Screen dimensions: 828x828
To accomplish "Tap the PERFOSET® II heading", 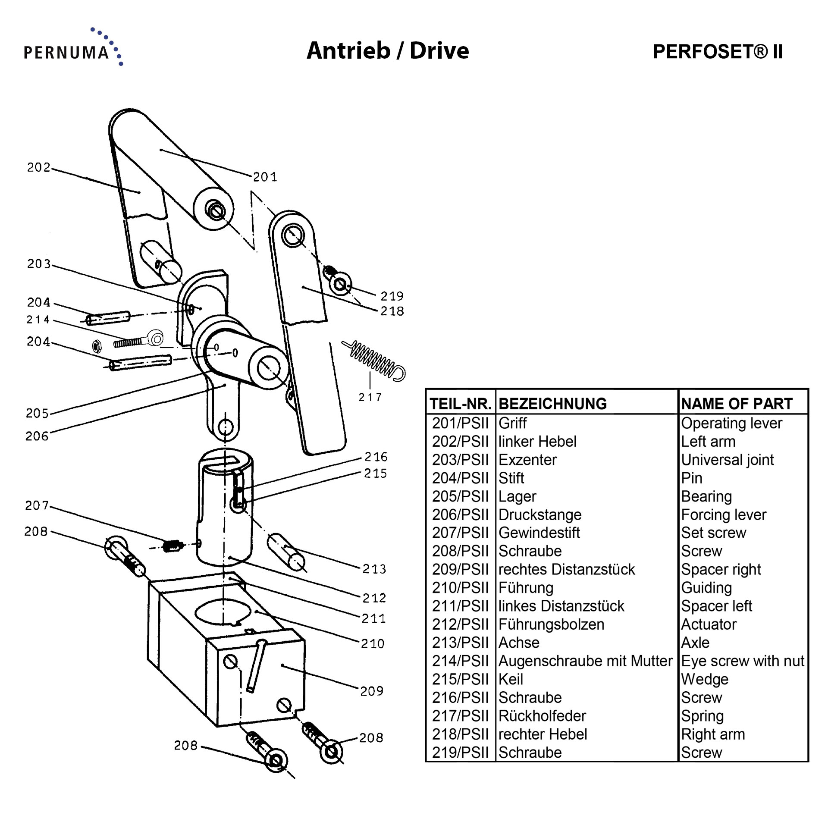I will (x=718, y=52).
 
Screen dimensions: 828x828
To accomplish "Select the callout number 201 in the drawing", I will (x=265, y=177).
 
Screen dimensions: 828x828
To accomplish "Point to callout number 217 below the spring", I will (x=370, y=397).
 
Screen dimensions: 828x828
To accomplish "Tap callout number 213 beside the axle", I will (x=374, y=569).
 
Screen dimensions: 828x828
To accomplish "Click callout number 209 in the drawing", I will (x=372, y=691).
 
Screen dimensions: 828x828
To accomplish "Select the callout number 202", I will (x=39, y=167).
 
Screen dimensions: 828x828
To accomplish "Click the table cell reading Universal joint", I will (x=728, y=460).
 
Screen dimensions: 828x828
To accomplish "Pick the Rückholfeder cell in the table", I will (x=542, y=716).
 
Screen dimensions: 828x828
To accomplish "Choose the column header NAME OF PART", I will (x=737, y=404).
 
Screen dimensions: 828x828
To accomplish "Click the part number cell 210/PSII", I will (x=460, y=588).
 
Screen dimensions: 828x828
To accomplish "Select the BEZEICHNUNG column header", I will (x=552, y=404).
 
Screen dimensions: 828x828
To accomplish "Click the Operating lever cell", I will (x=731, y=423).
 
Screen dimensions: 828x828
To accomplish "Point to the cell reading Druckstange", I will (x=540, y=514).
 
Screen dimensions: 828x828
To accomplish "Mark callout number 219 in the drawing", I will (x=392, y=296).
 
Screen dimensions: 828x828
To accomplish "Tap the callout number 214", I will (x=38, y=320).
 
